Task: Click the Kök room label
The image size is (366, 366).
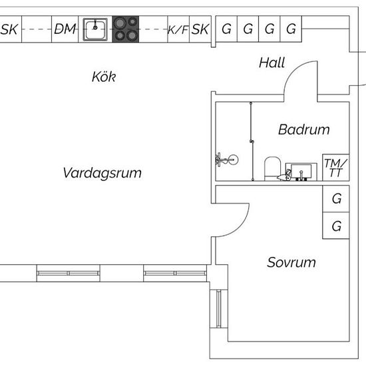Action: (104, 77)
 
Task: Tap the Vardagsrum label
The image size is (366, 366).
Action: (102, 173)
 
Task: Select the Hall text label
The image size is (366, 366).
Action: (272, 63)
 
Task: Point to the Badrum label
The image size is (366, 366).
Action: (304, 129)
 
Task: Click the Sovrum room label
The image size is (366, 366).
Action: (291, 262)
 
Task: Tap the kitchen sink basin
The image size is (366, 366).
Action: (95, 29)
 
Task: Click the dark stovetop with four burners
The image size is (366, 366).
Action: (126, 29)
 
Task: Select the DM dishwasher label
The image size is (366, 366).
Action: (65, 29)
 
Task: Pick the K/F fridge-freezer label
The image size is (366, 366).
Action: (178, 30)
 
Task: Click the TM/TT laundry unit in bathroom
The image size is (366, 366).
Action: (335, 167)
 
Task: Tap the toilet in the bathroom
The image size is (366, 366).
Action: (272, 168)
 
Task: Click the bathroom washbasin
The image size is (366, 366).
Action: (301, 172)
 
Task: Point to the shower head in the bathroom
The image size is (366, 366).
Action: (227, 160)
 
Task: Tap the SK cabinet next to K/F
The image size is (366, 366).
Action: (200, 29)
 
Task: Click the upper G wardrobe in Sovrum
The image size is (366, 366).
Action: (336, 199)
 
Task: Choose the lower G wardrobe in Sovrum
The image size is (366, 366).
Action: (336, 226)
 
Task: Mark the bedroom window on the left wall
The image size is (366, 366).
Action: (219, 309)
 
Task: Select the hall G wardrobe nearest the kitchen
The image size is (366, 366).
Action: (226, 29)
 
